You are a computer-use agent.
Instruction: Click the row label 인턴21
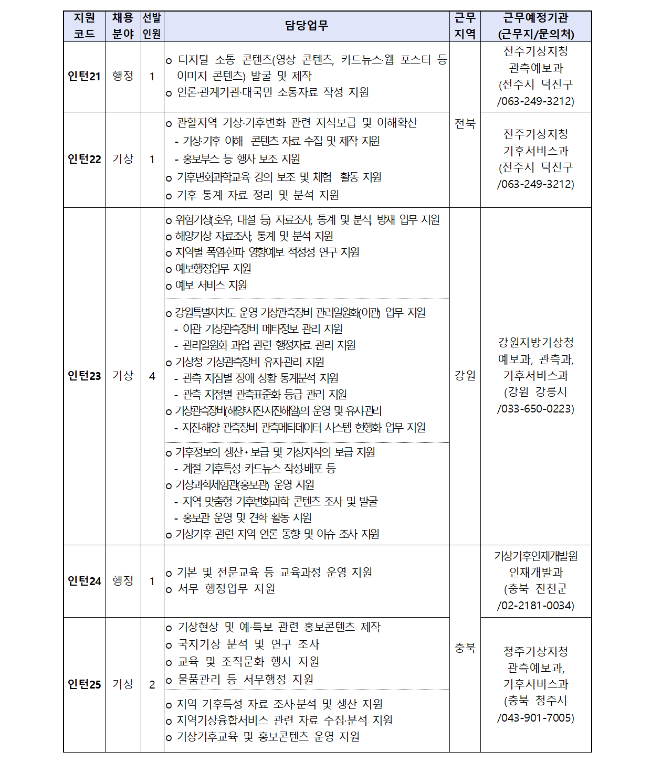(x=84, y=77)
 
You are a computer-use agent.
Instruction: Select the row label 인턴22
(x=84, y=159)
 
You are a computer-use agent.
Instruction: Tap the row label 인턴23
(x=84, y=376)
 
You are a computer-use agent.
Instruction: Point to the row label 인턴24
(x=84, y=581)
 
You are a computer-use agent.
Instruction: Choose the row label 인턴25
(x=84, y=684)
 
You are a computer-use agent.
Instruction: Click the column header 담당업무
(x=307, y=26)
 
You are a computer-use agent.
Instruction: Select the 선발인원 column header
(x=152, y=26)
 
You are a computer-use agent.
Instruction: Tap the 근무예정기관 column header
(x=535, y=26)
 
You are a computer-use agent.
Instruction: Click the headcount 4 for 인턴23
(x=152, y=376)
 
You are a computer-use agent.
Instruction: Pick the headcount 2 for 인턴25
(x=152, y=684)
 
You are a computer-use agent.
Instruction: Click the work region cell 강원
(x=465, y=376)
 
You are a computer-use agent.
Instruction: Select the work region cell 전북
(x=465, y=124)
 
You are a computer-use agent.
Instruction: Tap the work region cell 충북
(x=465, y=649)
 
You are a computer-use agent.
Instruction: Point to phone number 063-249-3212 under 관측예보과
(x=538, y=101)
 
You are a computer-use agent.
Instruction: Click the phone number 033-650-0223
(x=538, y=409)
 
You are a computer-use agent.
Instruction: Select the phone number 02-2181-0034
(x=538, y=606)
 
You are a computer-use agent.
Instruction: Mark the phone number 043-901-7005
(x=538, y=718)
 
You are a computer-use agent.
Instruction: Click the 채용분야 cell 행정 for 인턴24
(x=123, y=581)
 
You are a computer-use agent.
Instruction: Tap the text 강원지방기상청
(x=535, y=343)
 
